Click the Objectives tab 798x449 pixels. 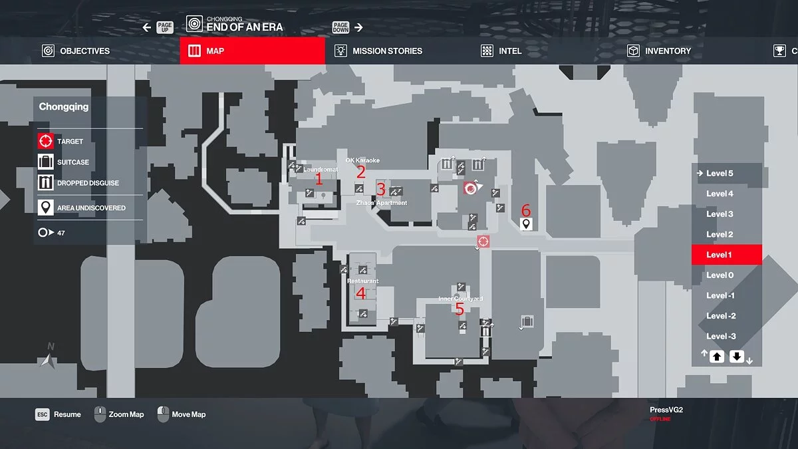pyautogui.click(x=76, y=51)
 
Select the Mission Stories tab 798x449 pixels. pyautogui.click(x=378, y=51)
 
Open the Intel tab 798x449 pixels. pyautogui.click(x=501, y=51)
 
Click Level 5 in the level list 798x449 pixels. pyautogui.click(x=720, y=174)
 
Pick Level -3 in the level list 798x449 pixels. pyautogui.click(x=721, y=336)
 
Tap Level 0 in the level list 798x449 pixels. pyautogui.click(x=720, y=275)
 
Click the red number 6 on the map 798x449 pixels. pyautogui.click(x=526, y=210)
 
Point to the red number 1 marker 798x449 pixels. pyautogui.click(x=319, y=179)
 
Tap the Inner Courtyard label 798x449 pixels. pyautogui.click(x=460, y=299)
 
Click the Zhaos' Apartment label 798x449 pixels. pyautogui.click(x=382, y=203)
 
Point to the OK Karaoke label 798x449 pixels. pyautogui.click(x=362, y=160)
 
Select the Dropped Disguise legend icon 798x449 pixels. pyautogui.click(x=45, y=183)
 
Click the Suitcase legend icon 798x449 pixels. pyautogui.click(x=45, y=162)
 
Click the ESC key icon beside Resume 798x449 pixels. pyautogui.click(x=43, y=414)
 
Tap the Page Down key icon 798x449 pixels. pyautogui.click(x=340, y=27)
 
